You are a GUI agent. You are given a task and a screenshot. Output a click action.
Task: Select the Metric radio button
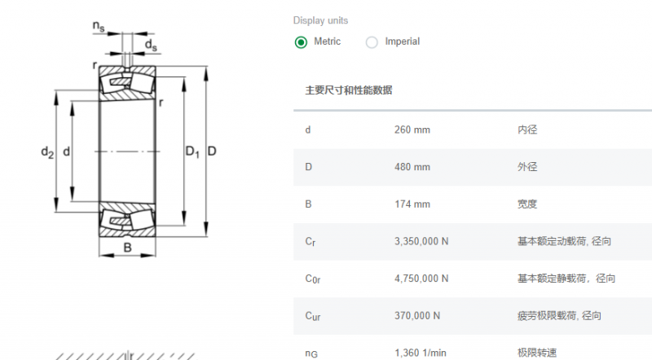point(301,42)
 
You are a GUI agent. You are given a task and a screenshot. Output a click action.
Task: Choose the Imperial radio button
point(372,42)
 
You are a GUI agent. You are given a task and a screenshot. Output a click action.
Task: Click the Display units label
point(320,20)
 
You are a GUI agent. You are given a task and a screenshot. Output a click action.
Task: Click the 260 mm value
point(412,130)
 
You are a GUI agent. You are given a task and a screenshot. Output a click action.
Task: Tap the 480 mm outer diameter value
point(412,167)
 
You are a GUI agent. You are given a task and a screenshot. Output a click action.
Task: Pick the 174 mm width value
point(412,204)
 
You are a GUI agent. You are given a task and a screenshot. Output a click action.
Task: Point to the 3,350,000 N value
point(421,242)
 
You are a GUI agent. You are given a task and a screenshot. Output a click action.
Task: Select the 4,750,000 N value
point(421,279)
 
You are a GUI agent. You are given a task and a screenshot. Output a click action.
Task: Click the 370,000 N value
point(417,316)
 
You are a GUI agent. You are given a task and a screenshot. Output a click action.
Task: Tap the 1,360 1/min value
point(421,353)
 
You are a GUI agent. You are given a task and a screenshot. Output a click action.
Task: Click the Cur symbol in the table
point(313,316)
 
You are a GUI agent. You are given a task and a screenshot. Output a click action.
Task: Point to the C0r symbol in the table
point(313,279)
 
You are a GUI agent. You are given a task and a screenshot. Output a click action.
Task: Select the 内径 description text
point(527,130)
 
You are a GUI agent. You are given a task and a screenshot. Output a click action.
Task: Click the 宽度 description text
point(527,204)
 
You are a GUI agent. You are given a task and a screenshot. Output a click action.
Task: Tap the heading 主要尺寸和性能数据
point(349,90)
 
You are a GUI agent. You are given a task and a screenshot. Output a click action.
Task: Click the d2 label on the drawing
point(47,152)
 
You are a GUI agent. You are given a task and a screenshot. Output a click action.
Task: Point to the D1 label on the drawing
point(192,151)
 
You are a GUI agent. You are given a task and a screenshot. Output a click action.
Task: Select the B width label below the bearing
point(128,248)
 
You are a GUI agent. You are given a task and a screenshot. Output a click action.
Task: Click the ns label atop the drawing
point(99,26)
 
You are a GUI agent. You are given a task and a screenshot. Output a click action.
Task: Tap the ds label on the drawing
point(151,45)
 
